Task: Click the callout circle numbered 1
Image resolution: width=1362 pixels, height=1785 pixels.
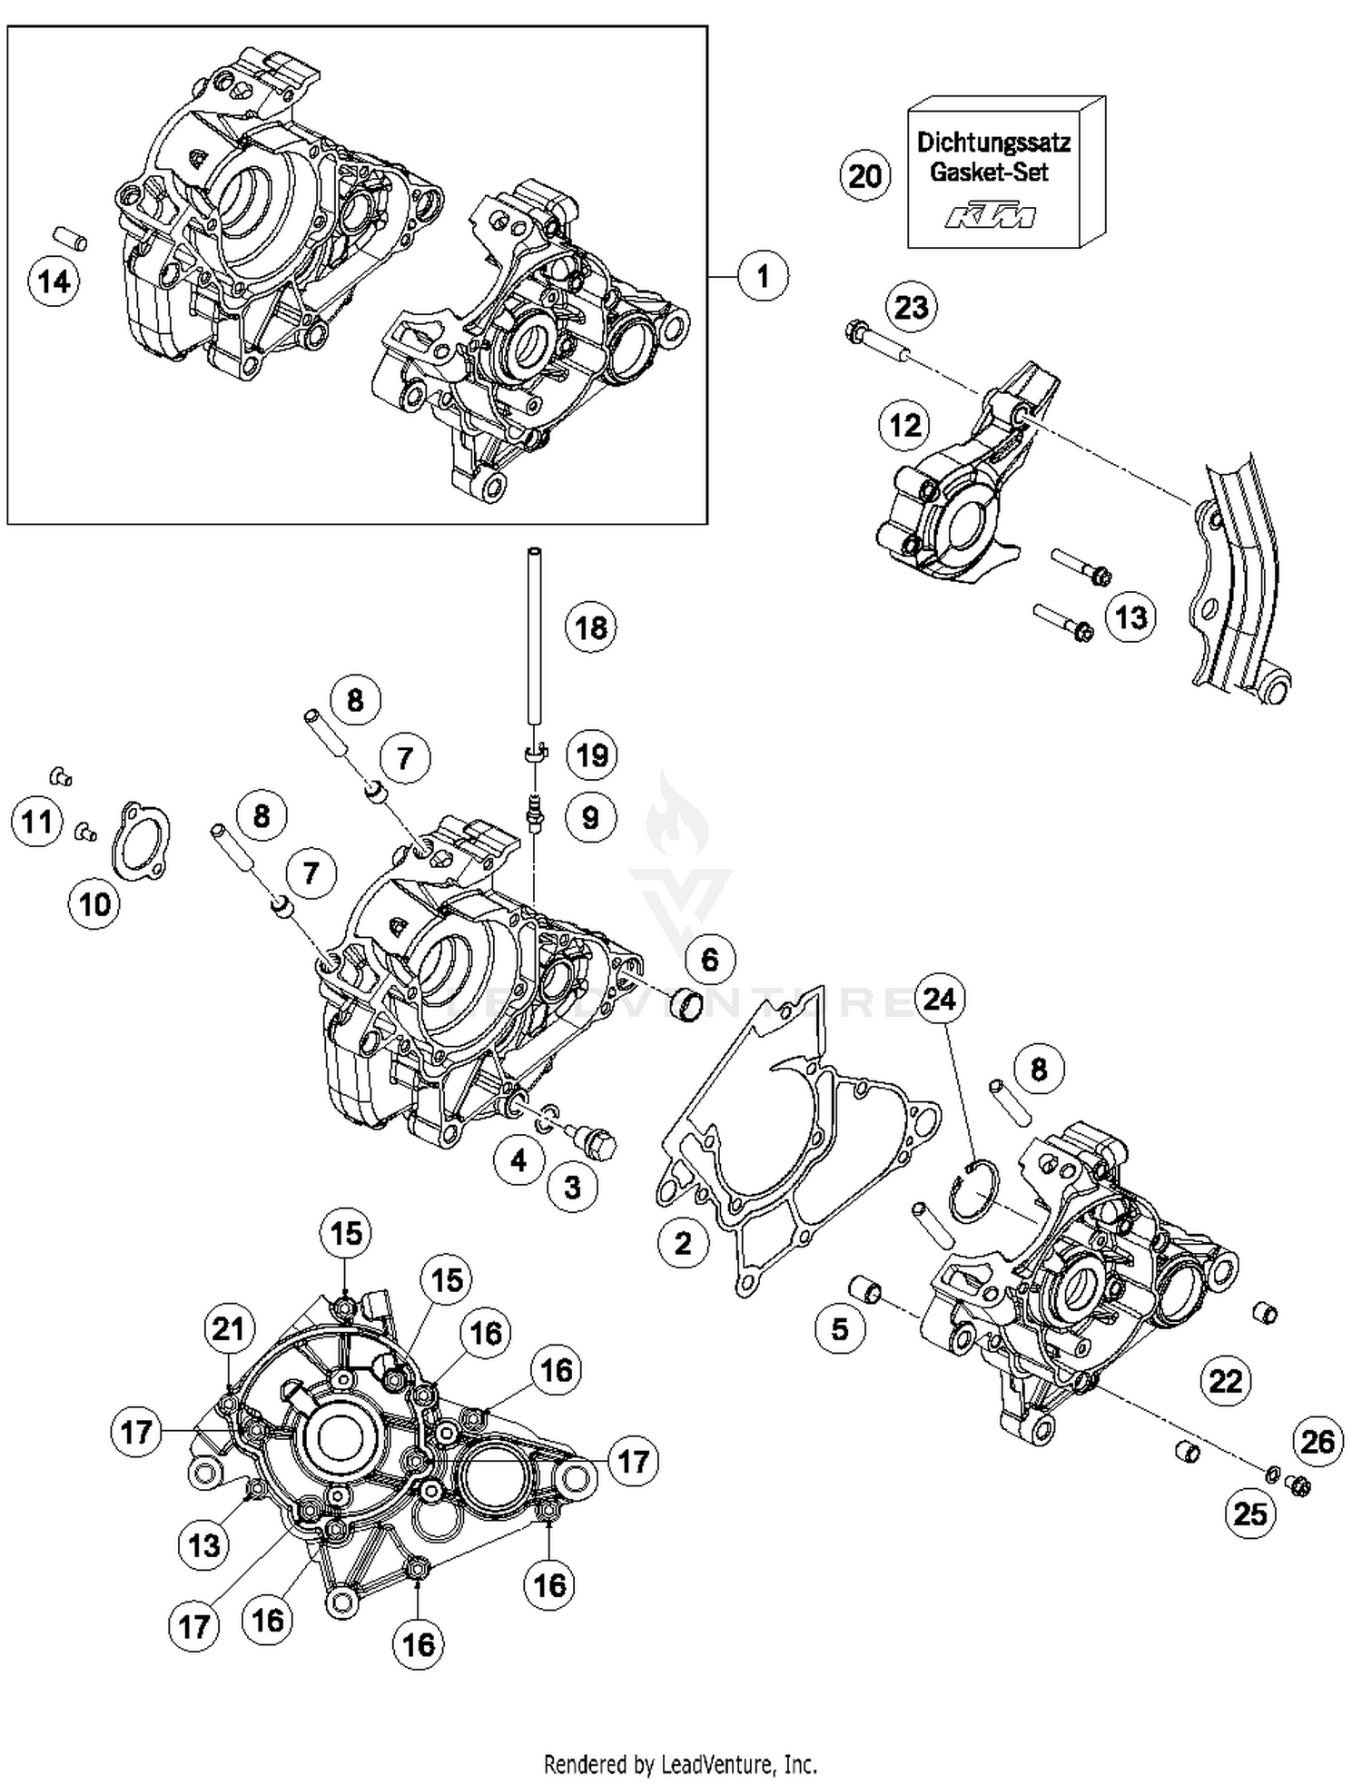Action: tap(763, 276)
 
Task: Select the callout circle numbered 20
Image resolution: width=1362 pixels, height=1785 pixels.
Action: tap(864, 175)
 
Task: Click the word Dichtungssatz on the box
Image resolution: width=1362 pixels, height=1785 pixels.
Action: tap(993, 143)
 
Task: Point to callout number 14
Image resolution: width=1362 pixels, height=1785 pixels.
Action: tap(54, 281)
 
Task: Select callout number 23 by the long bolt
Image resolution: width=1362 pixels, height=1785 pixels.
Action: tap(911, 307)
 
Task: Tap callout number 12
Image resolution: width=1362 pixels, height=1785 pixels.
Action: tap(904, 425)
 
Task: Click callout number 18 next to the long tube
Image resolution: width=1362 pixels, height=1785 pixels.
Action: tap(591, 627)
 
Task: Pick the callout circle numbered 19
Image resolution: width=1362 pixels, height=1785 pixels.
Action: tap(592, 755)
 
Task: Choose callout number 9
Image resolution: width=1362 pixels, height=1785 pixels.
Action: tap(590, 818)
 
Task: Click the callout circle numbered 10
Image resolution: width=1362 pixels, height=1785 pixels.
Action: tap(94, 904)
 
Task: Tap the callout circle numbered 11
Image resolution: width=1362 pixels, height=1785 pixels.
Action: tap(36, 823)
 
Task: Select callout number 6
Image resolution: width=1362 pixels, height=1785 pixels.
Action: tap(710, 960)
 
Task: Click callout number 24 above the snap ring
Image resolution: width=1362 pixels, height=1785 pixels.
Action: tap(939, 1000)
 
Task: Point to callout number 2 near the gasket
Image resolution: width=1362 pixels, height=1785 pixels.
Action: tap(683, 1243)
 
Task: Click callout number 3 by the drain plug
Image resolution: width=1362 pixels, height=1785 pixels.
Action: tap(572, 1187)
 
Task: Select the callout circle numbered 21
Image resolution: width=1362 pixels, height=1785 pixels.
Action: tap(228, 1329)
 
